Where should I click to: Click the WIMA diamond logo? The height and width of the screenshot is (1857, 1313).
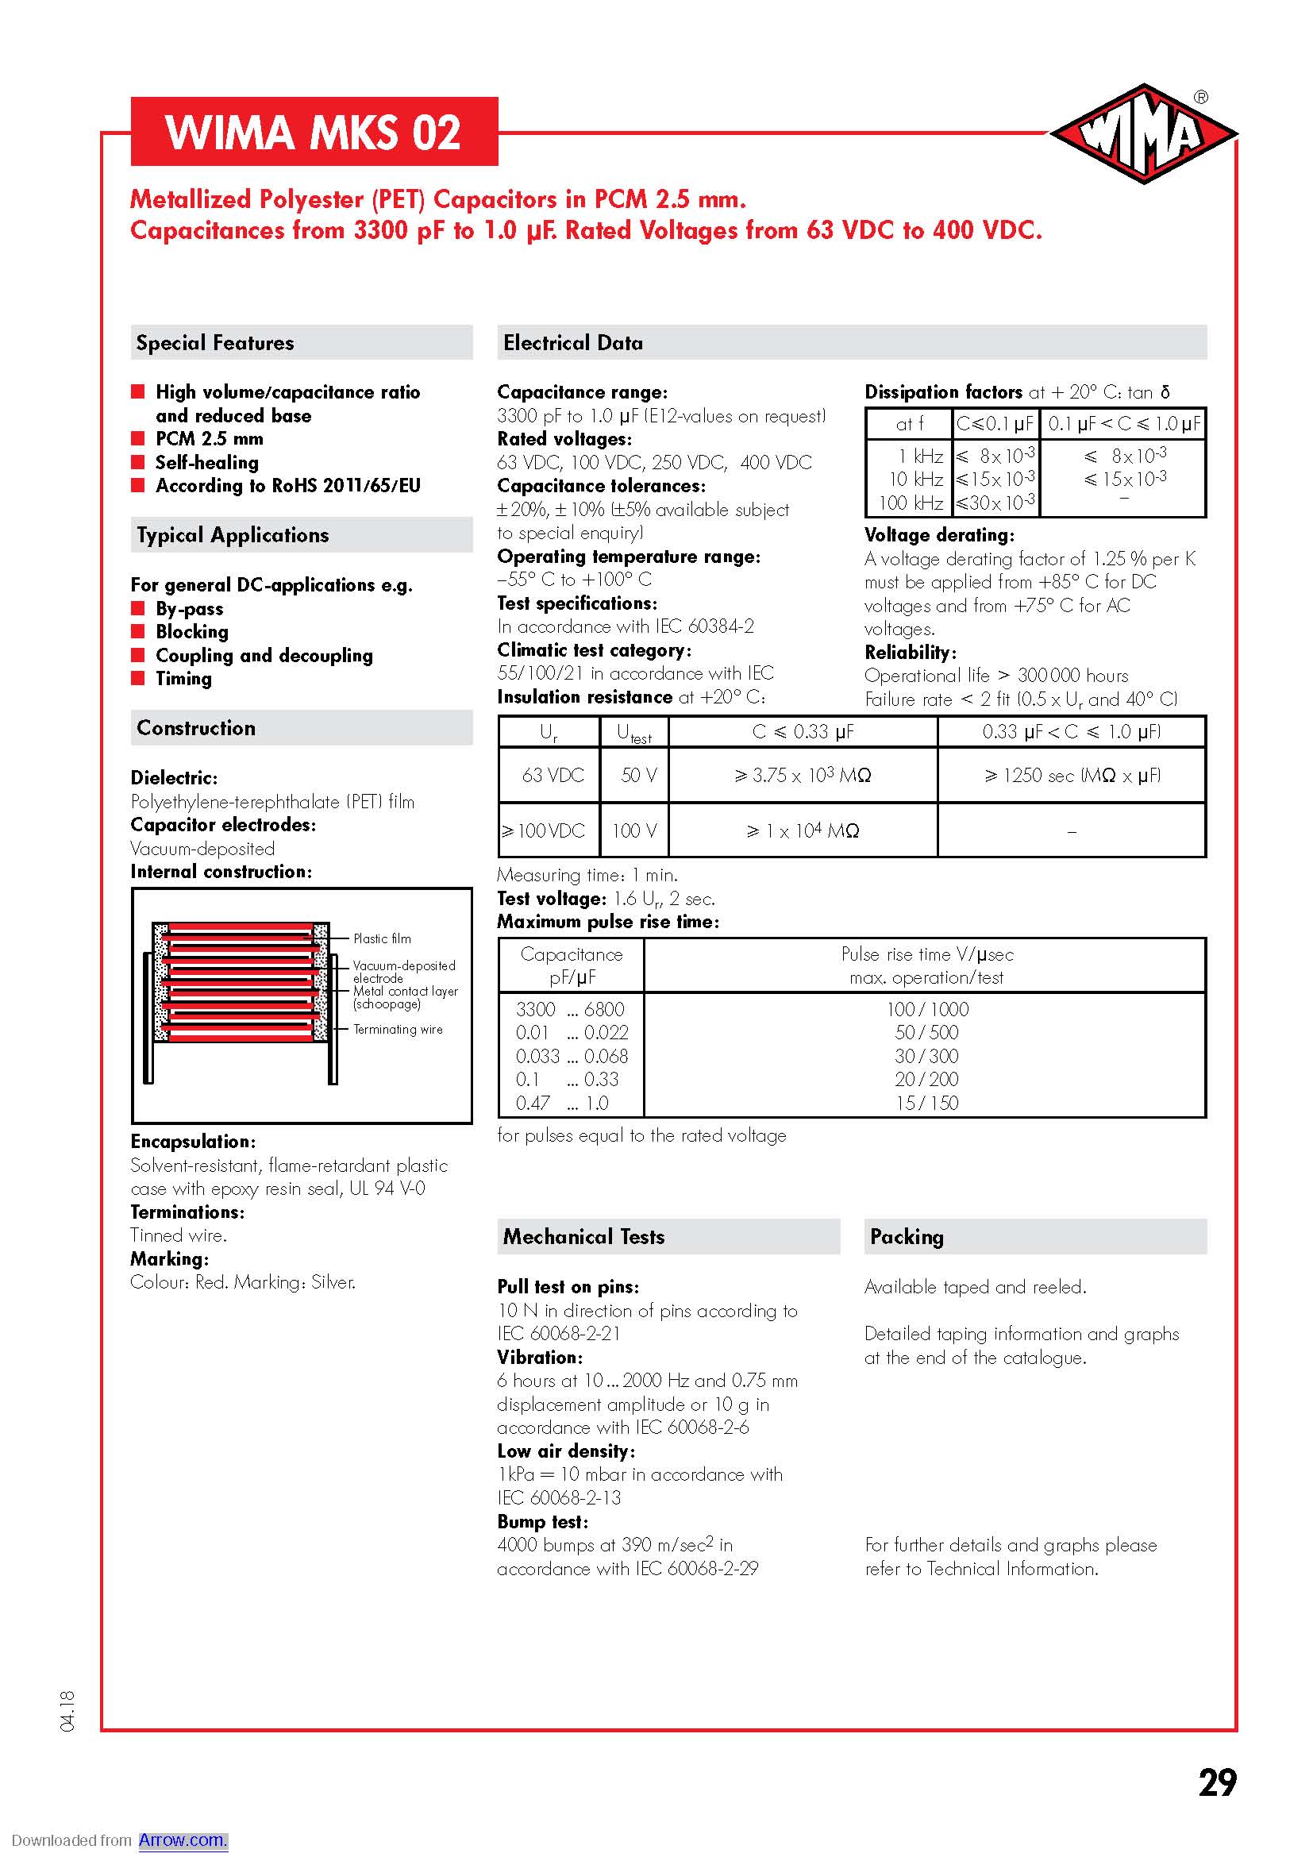pos(1143,133)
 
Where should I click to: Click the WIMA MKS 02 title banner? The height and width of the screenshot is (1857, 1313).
pos(314,132)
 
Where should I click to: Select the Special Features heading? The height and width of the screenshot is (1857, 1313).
pos(215,343)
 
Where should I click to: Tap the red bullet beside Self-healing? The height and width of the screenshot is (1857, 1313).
pos(138,462)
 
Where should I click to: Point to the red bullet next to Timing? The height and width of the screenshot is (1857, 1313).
pos(138,678)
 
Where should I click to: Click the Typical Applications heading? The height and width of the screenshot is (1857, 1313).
pos(233,534)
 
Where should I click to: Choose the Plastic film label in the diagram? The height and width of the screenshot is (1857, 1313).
pos(382,938)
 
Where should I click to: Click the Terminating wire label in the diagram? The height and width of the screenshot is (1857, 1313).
pos(398,1029)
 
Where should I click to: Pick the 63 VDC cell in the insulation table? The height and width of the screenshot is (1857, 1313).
pos(553,775)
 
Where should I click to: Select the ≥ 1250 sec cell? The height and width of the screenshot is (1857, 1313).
pos(1071,775)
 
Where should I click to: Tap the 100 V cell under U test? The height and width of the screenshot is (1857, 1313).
pos(633,830)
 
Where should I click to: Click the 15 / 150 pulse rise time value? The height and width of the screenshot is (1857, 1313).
pos(926,1103)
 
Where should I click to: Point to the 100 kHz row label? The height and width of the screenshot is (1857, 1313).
pos(911,503)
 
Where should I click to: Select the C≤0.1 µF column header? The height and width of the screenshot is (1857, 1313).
pos(995,423)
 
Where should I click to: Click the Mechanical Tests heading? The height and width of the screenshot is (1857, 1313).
pos(583,1237)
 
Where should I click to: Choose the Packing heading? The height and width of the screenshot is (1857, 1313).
pos(907,1237)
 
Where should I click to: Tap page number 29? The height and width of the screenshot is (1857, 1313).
pos(1217,1782)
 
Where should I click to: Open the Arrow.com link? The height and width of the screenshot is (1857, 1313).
pos(183,1840)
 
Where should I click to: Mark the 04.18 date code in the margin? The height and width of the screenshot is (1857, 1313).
pos(67,1711)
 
